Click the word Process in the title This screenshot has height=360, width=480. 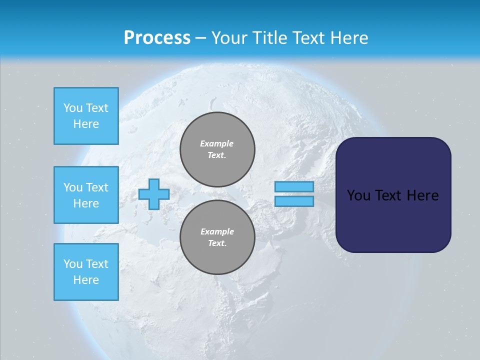pyautogui.click(x=157, y=38)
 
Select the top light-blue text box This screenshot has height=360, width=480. pyautogui.click(x=86, y=116)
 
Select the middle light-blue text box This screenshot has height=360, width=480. pyautogui.click(x=86, y=195)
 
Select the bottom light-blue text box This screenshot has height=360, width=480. pyautogui.click(x=86, y=272)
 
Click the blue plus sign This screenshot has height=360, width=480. pyautogui.click(x=153, y=194)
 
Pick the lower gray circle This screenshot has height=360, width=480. pyautogui.click(x=217, y=237)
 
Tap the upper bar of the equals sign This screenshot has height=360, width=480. pyautogui.click(x=294, y=186)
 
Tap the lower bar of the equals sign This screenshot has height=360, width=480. pyautogui.click(x=294, y=201)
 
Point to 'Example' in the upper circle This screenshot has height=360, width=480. pyautogui.click(x=216, y=143)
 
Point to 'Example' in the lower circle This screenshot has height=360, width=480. pyautogui.click(x=217, y=231)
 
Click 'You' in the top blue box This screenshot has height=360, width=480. pyautogui.click(x=73, y=108)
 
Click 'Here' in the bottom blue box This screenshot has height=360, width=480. pyautogui.click(x=86, y=280)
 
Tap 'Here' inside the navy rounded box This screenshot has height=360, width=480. pyautogui.click(x=423, y=195)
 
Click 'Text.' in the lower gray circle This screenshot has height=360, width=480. pyautogui.click(x=217, y=243)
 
